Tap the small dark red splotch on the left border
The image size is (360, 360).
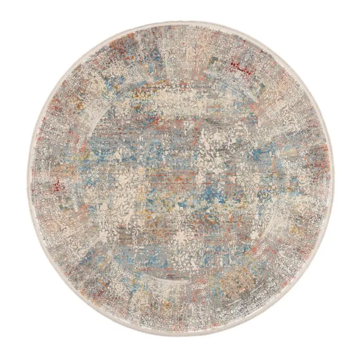(x=57, y=185)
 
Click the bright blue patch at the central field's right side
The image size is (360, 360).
(x=258, y=153)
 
